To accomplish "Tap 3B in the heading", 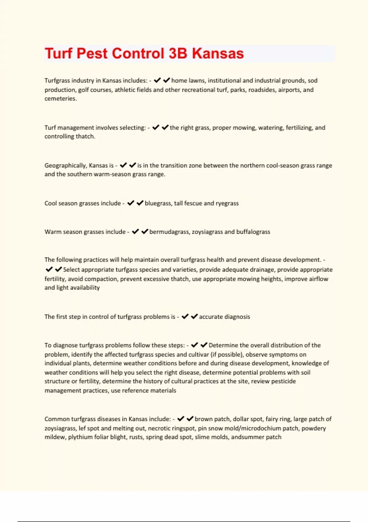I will pos(178,53).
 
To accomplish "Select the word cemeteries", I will pos(60,99).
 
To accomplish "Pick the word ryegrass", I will pos(227,203).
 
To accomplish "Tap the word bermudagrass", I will pos(169,232).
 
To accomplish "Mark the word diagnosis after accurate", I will pos(237,317).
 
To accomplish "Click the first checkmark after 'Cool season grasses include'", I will pos(131,203).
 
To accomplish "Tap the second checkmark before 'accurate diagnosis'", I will pos(194,317).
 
